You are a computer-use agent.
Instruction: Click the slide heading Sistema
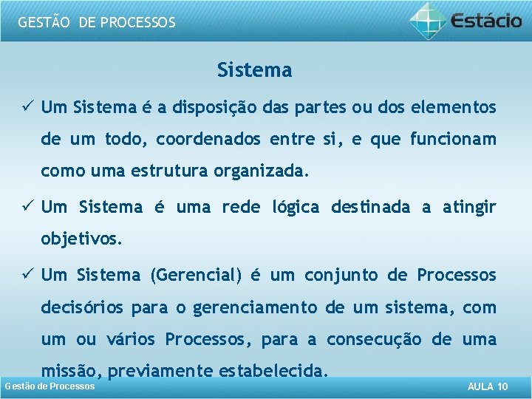(254, 71)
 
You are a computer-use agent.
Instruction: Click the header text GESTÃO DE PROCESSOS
(97, 22)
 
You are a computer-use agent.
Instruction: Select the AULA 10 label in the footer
(488, 387)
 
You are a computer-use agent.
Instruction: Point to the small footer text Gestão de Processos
(50, 386)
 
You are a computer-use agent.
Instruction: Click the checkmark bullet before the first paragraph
(27, 108)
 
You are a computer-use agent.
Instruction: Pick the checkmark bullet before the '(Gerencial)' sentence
(27, 275)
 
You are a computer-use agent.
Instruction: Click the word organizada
(259, 172)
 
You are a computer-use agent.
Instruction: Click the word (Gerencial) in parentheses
(196, 276)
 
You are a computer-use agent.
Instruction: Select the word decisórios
(83, 307)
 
